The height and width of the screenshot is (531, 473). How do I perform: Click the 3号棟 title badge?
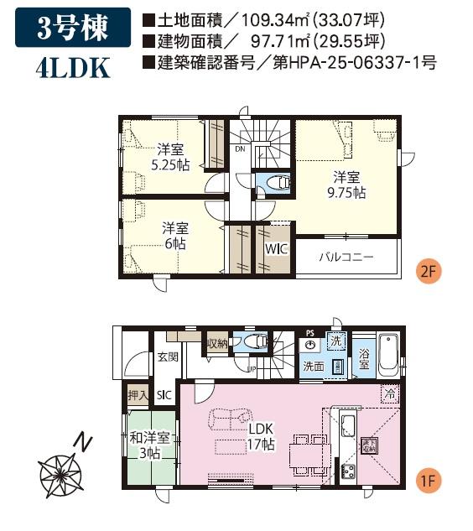tap(72, 29)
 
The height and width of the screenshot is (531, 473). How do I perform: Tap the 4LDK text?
tap(73, 68)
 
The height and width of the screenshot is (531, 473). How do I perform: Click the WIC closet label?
tap(275, 250)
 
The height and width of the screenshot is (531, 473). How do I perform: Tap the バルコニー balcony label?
tap(345, 256)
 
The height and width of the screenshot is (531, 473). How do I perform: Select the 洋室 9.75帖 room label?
tap(347, 185)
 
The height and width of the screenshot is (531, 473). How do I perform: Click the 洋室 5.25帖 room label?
tap(170, 157)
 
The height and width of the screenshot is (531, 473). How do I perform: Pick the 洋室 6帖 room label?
tap(174, 235)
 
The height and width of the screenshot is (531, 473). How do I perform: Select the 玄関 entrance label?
tap(167, 357)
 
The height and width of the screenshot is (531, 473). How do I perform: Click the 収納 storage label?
tap(217, 342)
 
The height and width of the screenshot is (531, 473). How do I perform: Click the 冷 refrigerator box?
tap(388, 392)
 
